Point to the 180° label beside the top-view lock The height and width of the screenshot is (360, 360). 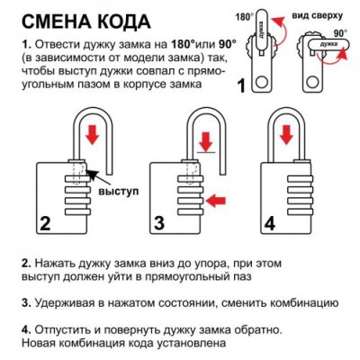pyautogui.click(x=245, y=16)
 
